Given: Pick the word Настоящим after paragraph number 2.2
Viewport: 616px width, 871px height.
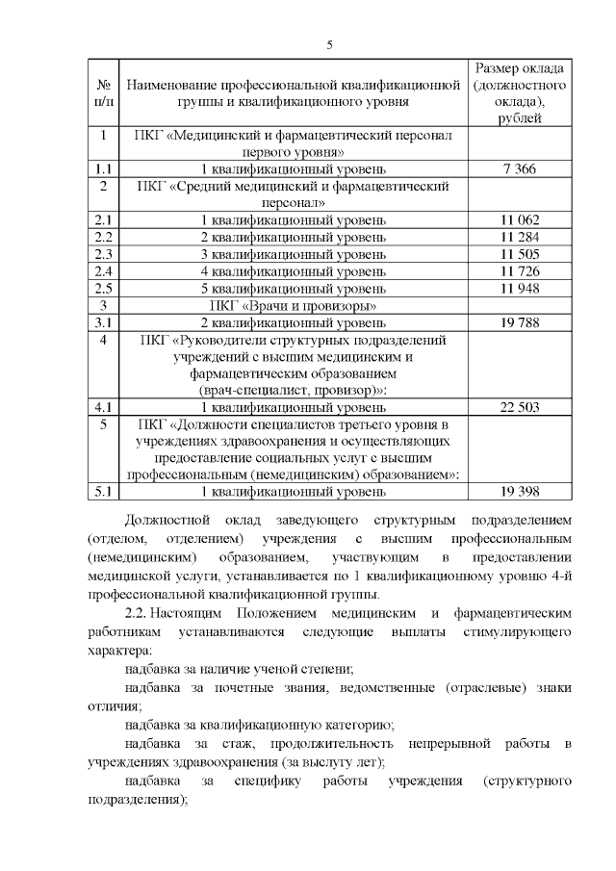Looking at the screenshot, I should [x=188, y=612].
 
